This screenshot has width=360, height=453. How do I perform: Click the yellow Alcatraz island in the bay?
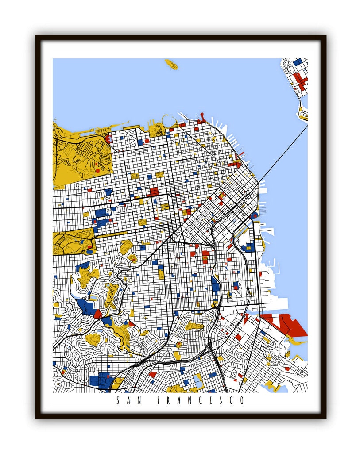(171, 64)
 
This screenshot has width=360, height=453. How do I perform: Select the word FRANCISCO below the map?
(200, 401)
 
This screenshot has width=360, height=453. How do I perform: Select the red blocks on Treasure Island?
(301, 81)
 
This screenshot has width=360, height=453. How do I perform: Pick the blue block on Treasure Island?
(298, 62)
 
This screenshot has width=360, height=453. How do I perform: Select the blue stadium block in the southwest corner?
(100, 380)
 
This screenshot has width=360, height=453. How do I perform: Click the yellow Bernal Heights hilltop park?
(194, 326)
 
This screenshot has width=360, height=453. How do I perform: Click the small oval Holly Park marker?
(179, 344)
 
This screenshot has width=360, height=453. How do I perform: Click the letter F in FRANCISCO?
(159, 401)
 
